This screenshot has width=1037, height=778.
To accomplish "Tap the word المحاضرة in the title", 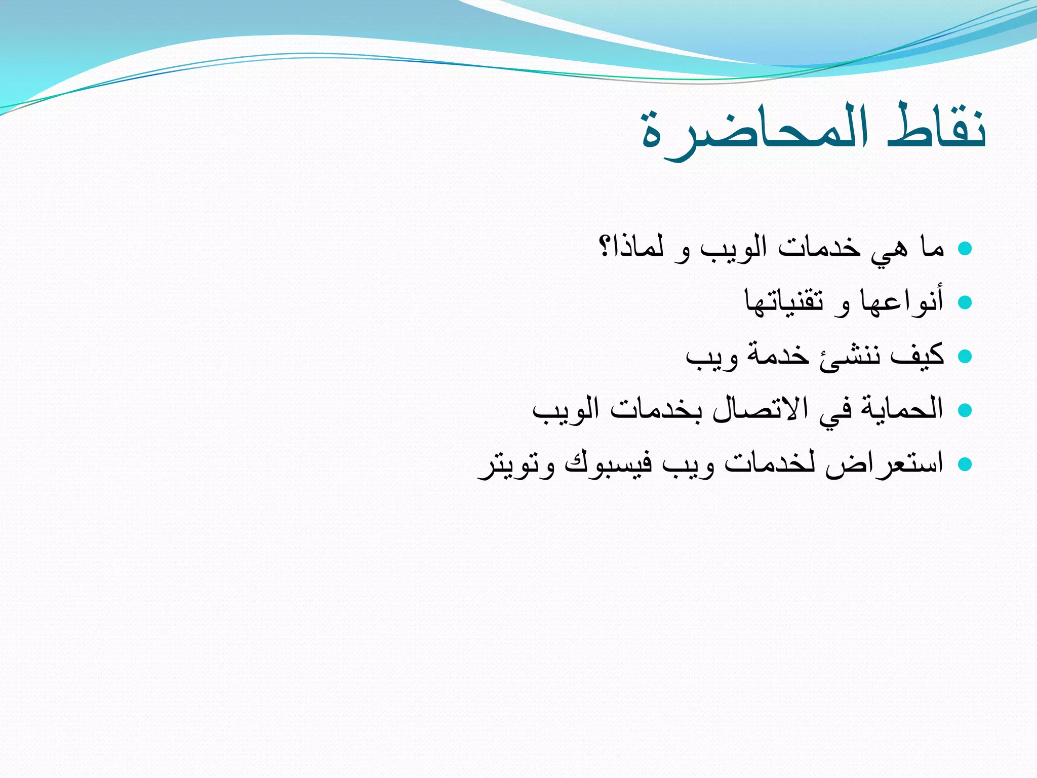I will (754, 133).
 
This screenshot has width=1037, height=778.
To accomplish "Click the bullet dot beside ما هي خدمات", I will (965, 248).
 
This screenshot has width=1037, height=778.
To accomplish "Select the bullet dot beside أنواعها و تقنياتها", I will (965, 302).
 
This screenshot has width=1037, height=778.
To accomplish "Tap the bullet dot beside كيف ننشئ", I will (965, 357).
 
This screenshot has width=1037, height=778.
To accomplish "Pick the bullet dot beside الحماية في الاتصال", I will (965, 410).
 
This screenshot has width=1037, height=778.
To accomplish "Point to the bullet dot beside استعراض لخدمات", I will (965, 464).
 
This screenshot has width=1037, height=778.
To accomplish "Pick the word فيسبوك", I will (608, 464).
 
